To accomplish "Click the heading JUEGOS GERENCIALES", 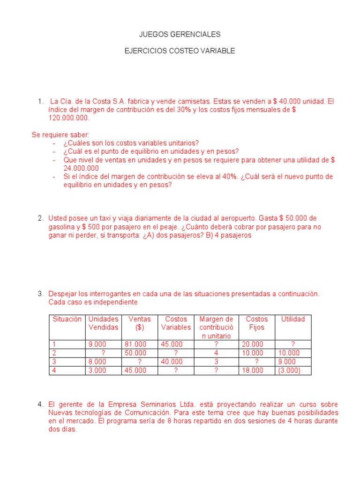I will click(180, 35).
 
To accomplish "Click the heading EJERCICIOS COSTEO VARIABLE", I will click(180, 51).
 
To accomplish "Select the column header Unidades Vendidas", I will click(104, 323).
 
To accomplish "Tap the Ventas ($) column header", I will click(140, 323).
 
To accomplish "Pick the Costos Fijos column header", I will click(257, 323).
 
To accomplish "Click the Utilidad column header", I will click(293, 319).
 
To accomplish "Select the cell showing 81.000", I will click(135, 344).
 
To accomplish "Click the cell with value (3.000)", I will click(289, 370).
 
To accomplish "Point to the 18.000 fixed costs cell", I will click(253, 370).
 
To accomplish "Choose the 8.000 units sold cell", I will click(97, 361).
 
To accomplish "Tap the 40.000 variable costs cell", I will click(172, 361).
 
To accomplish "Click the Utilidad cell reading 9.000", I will click(287, 361).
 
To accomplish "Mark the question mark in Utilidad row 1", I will click(293, 344).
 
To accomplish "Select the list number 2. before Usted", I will click(40, 218).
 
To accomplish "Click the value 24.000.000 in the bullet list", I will click(81, 168).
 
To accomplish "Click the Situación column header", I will click(67, 319).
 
